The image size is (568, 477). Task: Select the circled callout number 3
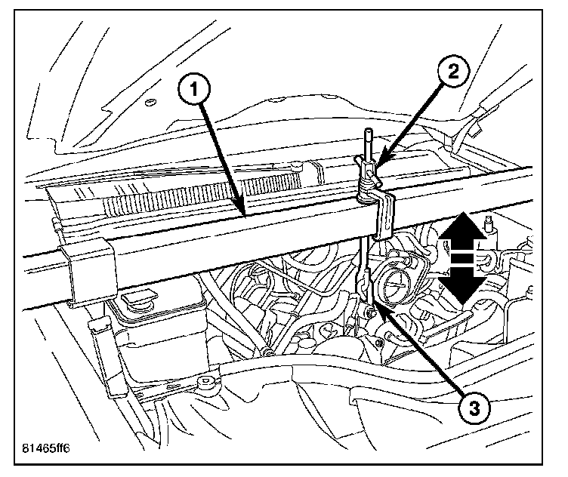pyautogui.click(x=473, y=408)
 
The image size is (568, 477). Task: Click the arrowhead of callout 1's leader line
pyautogui.click(x=242, y=216)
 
